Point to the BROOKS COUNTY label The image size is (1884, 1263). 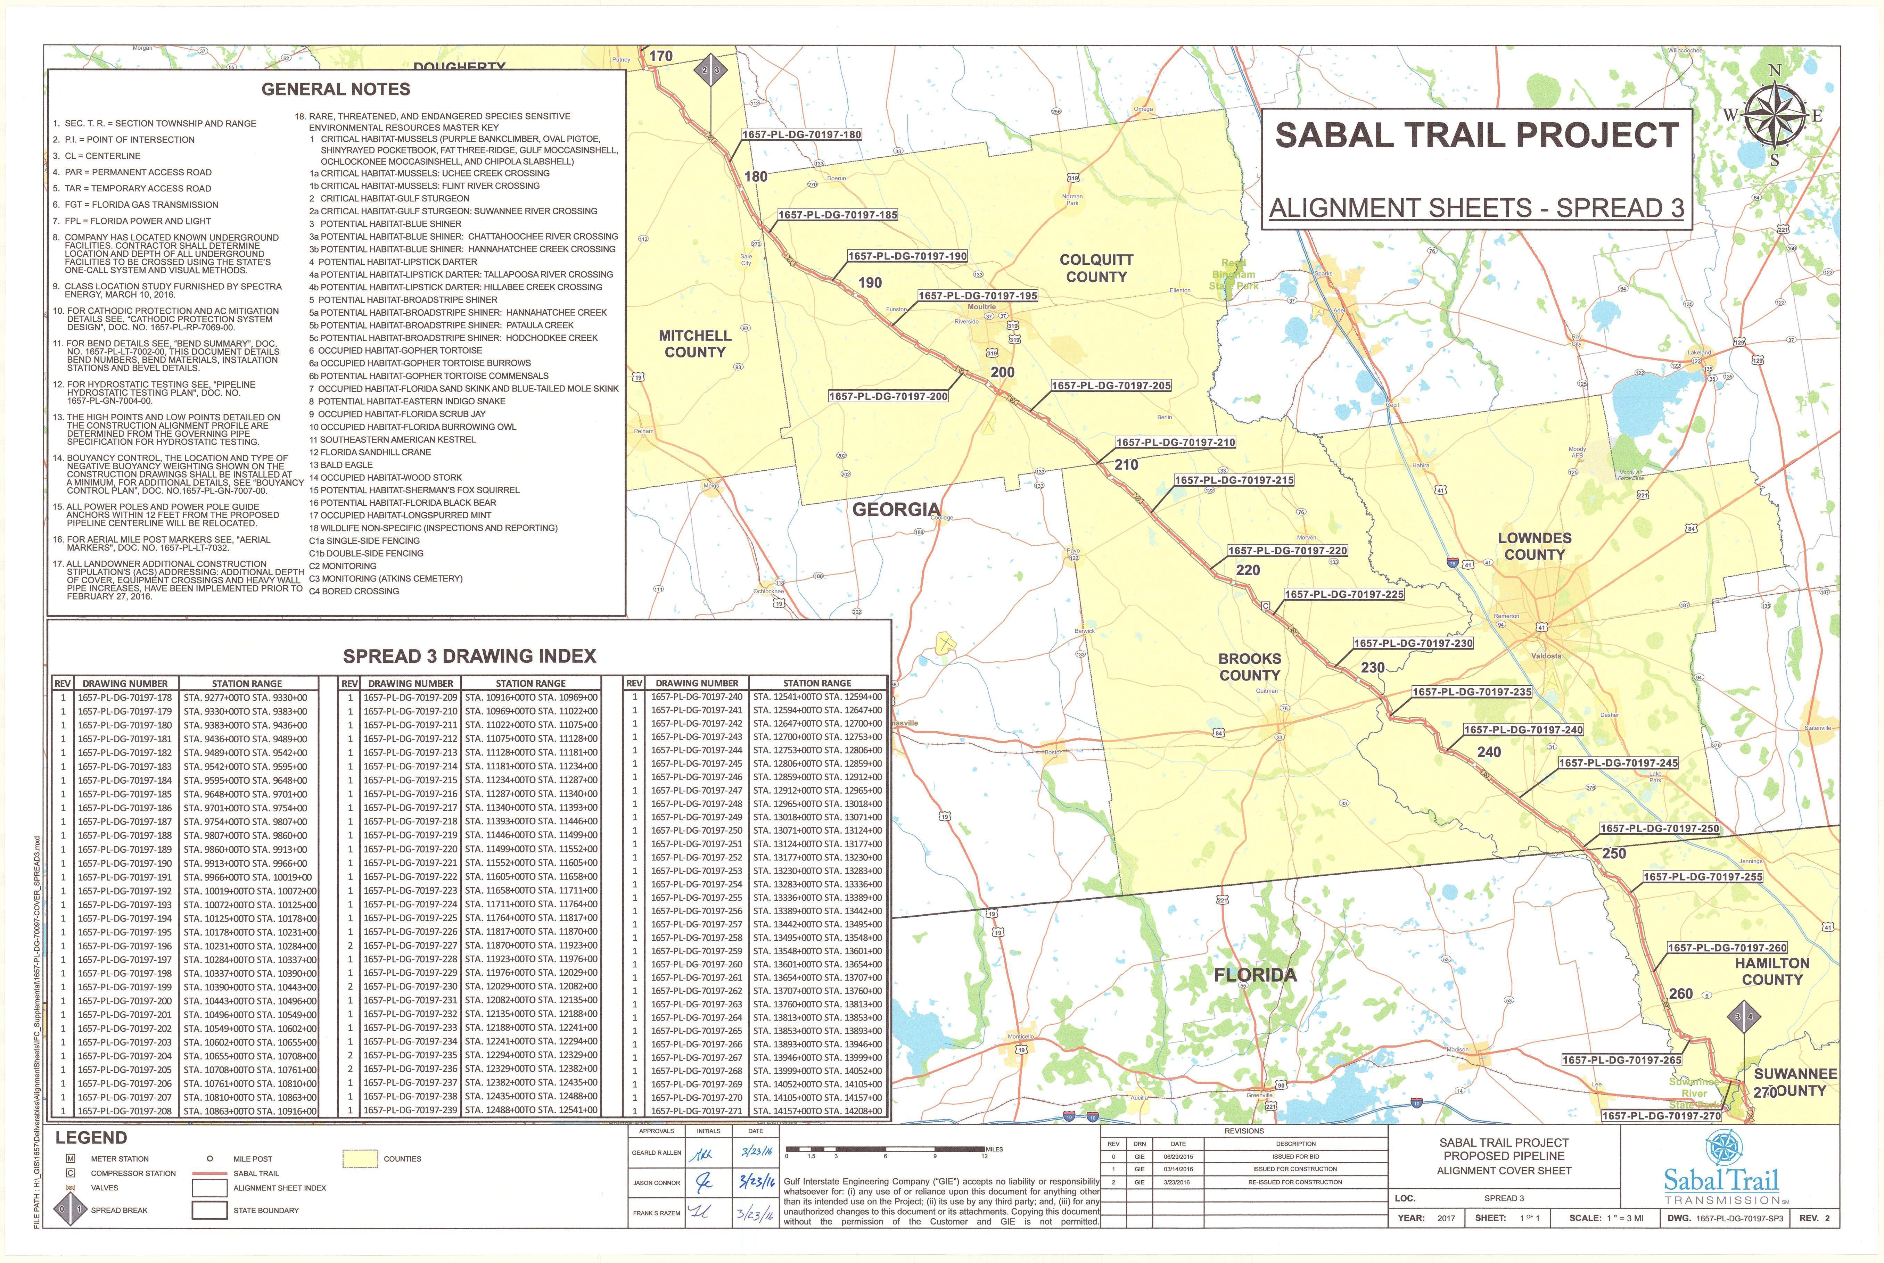(x=1249, y=667)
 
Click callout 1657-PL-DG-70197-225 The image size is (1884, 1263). (x=1343, y=594)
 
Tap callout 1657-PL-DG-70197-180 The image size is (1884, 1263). (x=801, y=134)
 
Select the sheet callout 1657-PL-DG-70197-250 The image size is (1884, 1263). (x=1659, y=828)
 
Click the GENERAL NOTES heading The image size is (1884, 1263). (x=336, y=89)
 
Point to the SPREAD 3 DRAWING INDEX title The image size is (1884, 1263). (x=470, y=656)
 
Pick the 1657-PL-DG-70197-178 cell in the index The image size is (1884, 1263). (x=125, y=697)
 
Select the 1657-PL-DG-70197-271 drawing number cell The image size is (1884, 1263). (x=697, y=1111)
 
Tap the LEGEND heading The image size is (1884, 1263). (x=91, y=1137)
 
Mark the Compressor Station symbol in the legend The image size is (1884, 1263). (x=71, y=1173)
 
